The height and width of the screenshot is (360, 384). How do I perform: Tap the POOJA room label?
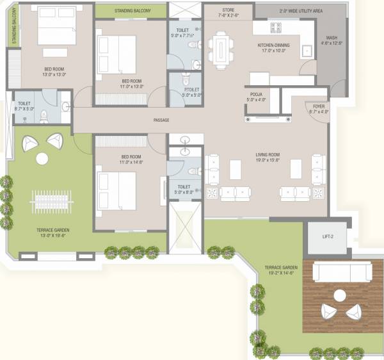point(256,94)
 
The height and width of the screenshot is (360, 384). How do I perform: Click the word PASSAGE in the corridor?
point(161,120)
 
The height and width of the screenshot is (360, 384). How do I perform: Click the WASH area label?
point(331,37)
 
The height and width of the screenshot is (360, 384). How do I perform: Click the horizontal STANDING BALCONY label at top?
point(132,11)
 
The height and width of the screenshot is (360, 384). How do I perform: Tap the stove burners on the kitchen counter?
point(276,28)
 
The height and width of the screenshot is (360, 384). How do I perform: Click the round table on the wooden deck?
point(340,295)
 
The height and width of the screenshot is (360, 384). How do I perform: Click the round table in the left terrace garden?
point(42,159)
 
